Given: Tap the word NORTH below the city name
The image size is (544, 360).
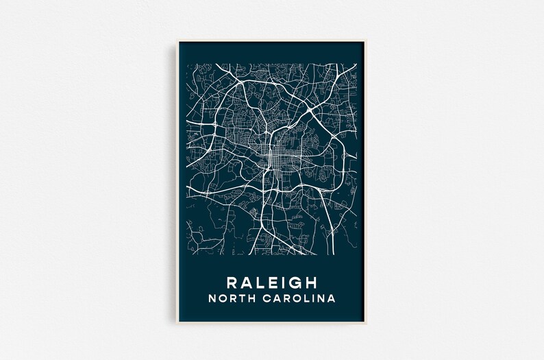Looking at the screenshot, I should click(235, 299).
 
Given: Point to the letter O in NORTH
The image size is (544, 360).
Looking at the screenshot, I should click(225, 299).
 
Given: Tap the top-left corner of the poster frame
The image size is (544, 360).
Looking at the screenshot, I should click(178, 41).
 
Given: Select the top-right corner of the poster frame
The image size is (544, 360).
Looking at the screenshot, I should click(367, 41).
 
